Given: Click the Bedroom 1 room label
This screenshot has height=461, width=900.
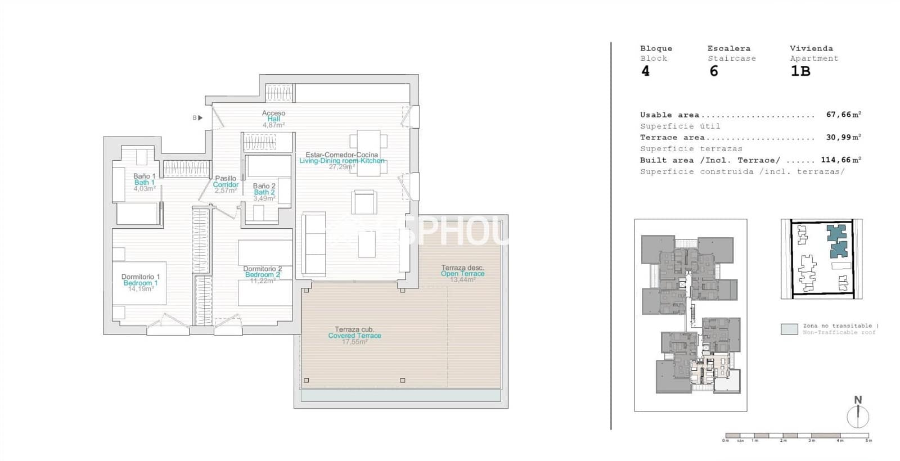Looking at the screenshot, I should tap(141, 283).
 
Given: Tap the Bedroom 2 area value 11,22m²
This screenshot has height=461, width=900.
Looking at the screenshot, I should tap(262, 281).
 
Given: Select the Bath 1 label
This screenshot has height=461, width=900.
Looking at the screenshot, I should tap(144, 182).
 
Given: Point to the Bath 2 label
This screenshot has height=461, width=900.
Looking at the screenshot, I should tap(264, 192).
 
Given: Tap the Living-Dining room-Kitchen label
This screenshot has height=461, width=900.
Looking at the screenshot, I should tap(341, 161).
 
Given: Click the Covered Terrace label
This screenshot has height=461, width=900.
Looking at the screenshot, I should tap(354, 336).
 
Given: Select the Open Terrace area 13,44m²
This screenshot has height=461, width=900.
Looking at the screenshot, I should tap(462, 279).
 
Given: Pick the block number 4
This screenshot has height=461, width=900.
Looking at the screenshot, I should tap(645, 71).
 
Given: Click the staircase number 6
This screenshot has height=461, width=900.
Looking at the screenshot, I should tap(713, 71).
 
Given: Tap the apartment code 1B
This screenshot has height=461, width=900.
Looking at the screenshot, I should tap(800, 71).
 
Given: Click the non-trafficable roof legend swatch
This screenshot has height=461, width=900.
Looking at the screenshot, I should tap(789, 329).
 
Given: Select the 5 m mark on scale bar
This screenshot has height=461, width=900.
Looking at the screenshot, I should tap(869, 440).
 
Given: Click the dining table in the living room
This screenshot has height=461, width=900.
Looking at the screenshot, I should tap(368, 153).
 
